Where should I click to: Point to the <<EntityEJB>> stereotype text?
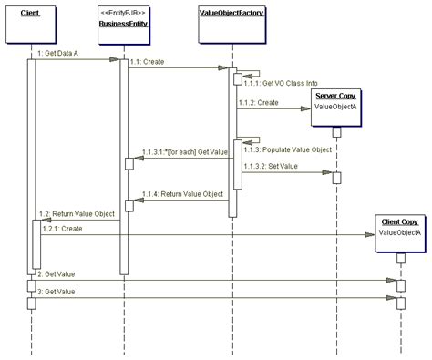tap(124, 13)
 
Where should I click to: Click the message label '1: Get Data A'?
tap(62, 55)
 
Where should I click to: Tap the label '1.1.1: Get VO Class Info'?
tap(278, 82)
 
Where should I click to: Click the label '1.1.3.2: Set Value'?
tap(270, 167)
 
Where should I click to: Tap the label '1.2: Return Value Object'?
tap(78, 213)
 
